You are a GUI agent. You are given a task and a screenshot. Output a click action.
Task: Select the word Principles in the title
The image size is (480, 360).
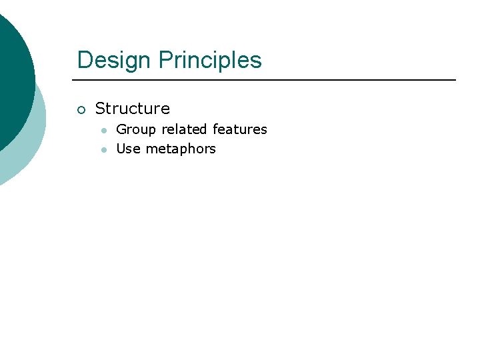(x=210, y=60)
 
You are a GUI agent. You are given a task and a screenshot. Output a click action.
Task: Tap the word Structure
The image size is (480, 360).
(x=133, y=109)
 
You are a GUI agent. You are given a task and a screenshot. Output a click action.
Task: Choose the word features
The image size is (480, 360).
(x=240, y=129)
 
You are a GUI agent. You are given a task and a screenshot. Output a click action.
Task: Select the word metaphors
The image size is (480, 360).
(x=181, y=149)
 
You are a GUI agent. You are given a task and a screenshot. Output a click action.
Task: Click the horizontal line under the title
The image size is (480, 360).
(x=267, y=80)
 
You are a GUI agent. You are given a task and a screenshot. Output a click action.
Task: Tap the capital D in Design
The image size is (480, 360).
(x=84, y=60)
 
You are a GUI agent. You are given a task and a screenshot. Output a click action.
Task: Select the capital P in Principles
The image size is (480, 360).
(x=165, y=60)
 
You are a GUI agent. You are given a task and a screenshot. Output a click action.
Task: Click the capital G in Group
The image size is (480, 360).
(x=121, y=129)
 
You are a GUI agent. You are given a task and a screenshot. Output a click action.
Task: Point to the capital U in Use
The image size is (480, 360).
(x=121, y=149)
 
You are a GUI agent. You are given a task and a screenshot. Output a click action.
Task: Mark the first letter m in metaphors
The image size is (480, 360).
(x=151, y=149)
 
